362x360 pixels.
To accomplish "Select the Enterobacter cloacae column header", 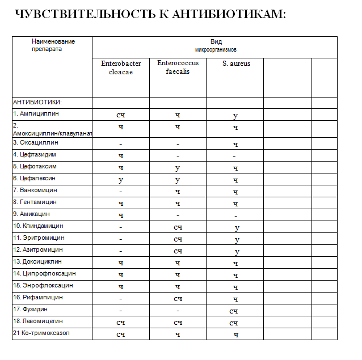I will (121, 67).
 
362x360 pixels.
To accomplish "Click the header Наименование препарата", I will (53, 45).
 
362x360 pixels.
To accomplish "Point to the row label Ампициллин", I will (38, 114).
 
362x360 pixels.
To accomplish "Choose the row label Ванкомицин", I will (37, 190).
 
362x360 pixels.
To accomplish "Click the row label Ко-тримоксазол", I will (41, 333).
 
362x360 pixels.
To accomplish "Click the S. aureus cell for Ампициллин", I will (235, 115).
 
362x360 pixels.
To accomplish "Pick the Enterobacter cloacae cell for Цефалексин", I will (121, 180).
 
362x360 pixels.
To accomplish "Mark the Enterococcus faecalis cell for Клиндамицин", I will (178, 227).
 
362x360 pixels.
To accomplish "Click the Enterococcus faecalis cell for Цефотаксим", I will (178, 168).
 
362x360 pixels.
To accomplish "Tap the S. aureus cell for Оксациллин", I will (235, 144).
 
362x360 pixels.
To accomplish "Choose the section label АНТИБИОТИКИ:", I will (37, 103).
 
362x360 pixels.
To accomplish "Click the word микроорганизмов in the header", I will (216, 50).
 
